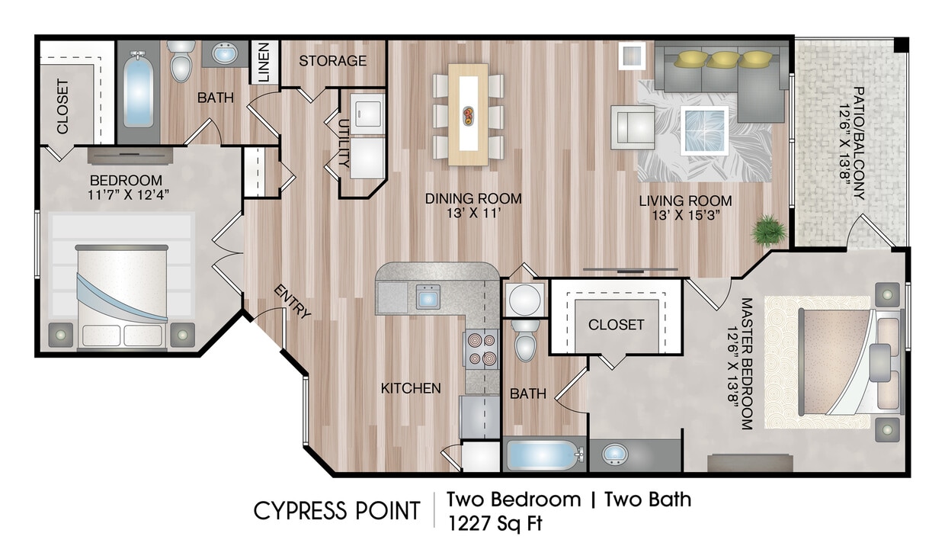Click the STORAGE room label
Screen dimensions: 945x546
[332, 61]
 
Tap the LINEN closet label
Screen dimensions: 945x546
[264, 62]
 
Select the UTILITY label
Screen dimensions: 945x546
[344, 143]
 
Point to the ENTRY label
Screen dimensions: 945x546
[293, 301]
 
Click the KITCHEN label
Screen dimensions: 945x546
[411, 388]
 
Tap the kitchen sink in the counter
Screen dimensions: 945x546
[428, 297]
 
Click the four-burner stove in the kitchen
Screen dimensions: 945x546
[481, 348]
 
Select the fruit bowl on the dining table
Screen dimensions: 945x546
[468, 115]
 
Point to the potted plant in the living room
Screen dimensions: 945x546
[769, 230]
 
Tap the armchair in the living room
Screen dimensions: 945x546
[633, 127]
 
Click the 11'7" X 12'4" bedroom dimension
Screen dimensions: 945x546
[128, 194]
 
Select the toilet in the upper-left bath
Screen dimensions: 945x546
[181, 61]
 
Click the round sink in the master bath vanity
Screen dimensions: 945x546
[615, 454]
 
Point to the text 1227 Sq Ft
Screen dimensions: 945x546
[495, 524]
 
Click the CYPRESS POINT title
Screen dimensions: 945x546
[337, 510]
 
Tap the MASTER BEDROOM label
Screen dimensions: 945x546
[747, 363]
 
